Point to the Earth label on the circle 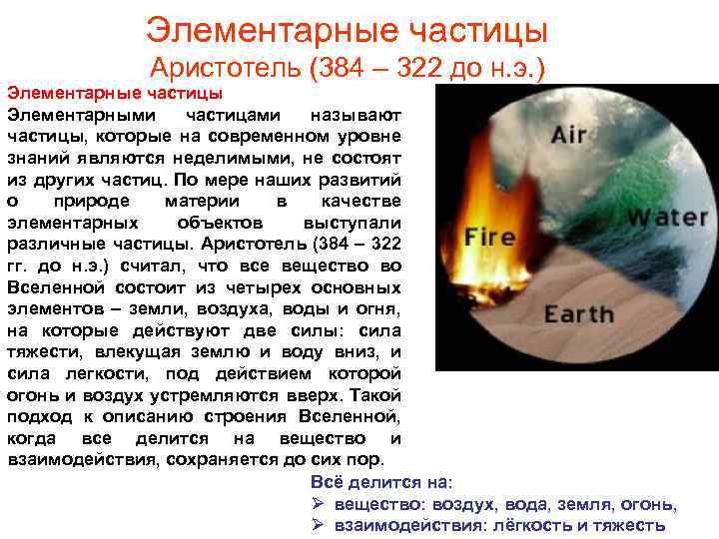pos(579,314)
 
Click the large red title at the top pos(347,29)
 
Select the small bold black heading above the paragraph pos(114,93)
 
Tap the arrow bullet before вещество pos(319,504)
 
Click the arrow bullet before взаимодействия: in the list pos(319,526)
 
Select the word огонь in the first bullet pos(648,504)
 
